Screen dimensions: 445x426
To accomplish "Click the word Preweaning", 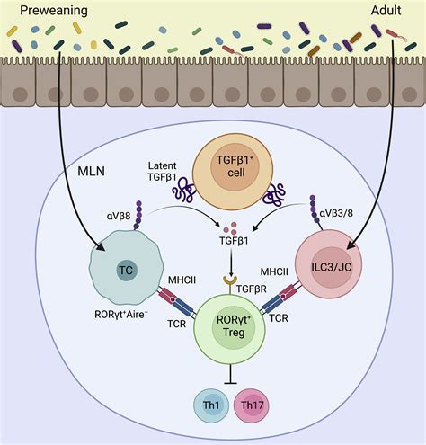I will tap(44, 11).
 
